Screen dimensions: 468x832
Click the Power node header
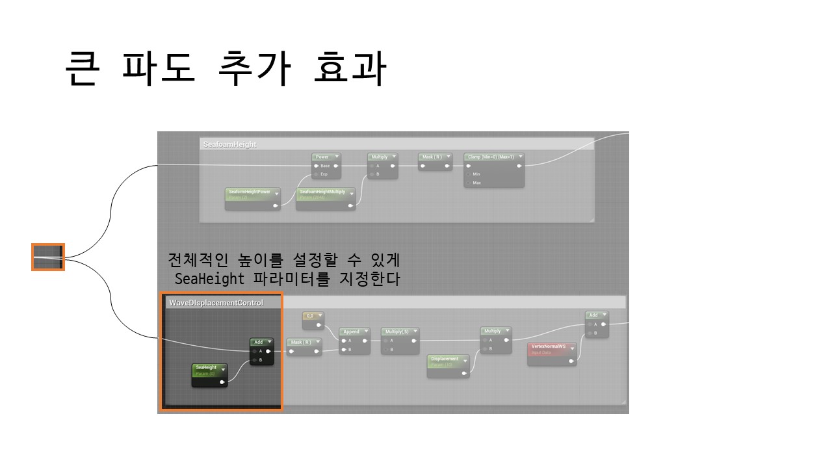click(x=322, y=157)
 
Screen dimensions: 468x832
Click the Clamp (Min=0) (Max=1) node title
click(x=491, y=157)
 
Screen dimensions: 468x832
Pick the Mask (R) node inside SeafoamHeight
click(x=432, y=157)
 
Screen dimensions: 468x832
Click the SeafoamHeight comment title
click(x=230, y=144)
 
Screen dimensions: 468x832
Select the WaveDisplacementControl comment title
click(x=216, y=303)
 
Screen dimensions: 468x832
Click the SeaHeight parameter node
click(x=206, y=368)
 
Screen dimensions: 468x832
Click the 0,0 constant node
click(x=311, y=315)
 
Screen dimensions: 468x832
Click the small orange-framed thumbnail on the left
click(x=48, y=257)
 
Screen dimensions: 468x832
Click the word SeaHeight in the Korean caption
click(x=209, y=279)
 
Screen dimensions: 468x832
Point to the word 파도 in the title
click(x=159, y=68)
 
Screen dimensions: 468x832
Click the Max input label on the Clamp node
click(x=476, y=183)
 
